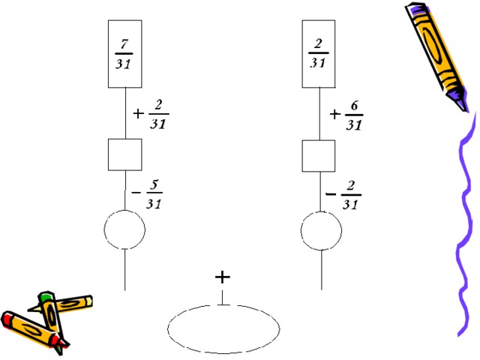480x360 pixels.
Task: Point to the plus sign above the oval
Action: pos(223,277)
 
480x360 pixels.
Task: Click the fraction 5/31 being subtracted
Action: pos(154,194)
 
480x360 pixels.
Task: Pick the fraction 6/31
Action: pos(354,115)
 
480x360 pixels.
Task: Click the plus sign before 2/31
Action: pos(138,114)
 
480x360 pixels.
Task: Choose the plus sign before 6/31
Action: pos(335,115)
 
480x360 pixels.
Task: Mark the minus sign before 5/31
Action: pos(136,193)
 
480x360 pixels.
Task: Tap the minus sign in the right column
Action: pos(331,194)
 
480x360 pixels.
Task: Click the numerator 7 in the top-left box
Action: pos(124,44)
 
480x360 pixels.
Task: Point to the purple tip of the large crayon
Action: pos(463,104)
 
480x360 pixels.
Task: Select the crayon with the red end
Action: pos(34,331)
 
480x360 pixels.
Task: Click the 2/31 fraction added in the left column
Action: pos(158,114)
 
